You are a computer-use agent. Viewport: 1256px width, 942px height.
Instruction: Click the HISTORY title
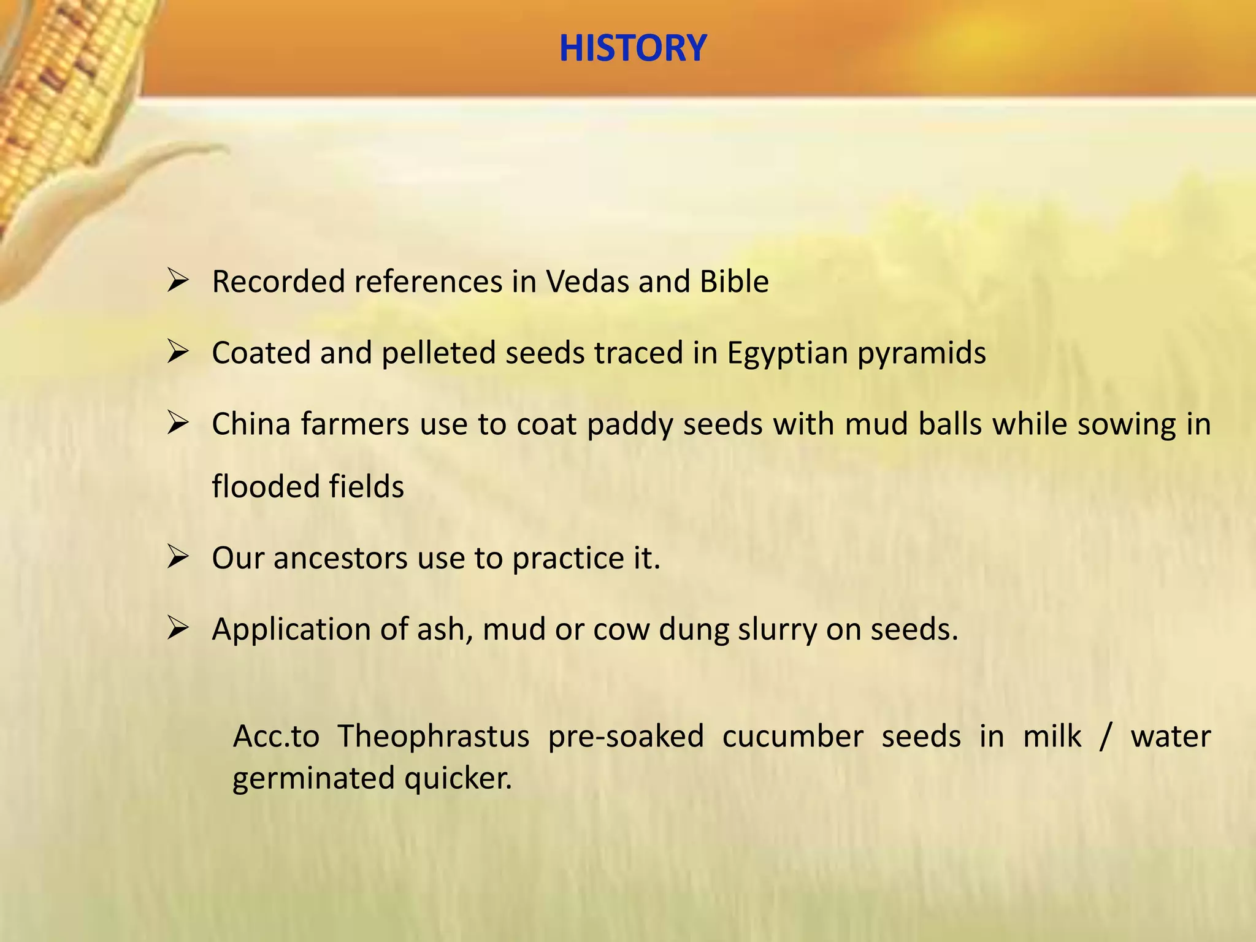(633, 48)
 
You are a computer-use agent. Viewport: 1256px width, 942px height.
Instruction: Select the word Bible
(734, 282)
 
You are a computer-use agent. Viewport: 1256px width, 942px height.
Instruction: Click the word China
(251, 424)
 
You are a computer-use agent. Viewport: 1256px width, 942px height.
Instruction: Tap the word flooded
(265, 487)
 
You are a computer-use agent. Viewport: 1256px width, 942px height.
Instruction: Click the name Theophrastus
(434, 737)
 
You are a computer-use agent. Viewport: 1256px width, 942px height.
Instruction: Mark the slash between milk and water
(1105, 737)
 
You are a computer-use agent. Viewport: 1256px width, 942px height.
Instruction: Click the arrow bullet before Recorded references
(177, 281)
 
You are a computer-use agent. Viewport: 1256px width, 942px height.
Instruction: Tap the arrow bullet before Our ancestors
(177, 557)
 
